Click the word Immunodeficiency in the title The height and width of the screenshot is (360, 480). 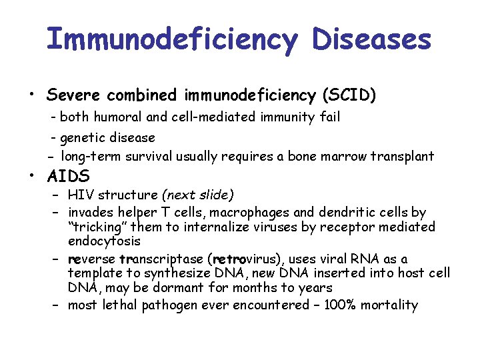tap(171, 40)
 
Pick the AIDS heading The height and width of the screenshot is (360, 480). tap(68, 177)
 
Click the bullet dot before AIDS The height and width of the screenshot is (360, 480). tap(31, 177)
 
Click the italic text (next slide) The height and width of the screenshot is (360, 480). tap(197, 195)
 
